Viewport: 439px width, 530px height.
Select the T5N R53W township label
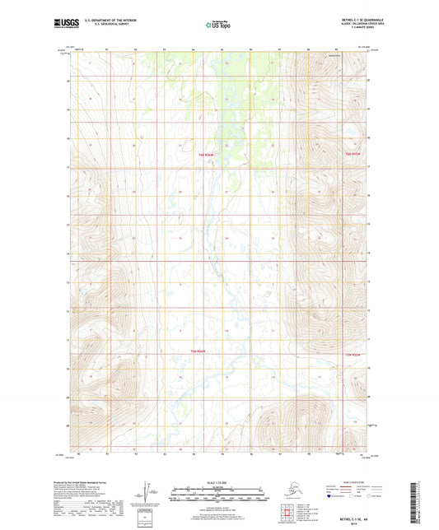coord(353,354)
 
